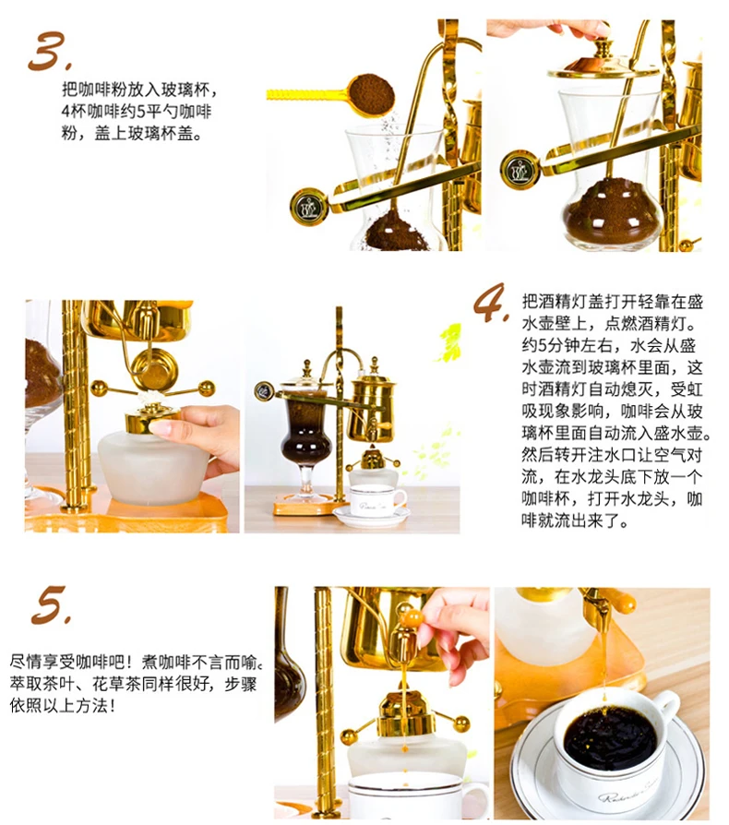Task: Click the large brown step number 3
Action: tap(49, 51)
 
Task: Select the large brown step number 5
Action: tap(51, 605)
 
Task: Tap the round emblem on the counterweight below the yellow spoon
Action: tap(308, 207)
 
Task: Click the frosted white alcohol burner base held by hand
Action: tap(153, 467)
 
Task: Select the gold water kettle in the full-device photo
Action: tap(374, 400)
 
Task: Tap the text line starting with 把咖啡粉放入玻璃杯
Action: tap(139, 90)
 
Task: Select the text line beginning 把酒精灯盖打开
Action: tap(612, 302)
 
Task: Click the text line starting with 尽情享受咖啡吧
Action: tap(136, 662)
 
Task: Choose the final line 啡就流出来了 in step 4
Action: tap(575, 520)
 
